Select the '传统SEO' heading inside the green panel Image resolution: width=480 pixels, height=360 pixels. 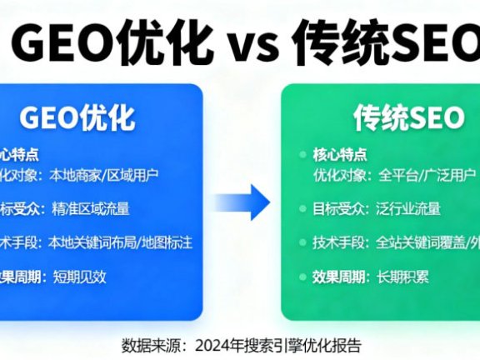[x=408, y=118]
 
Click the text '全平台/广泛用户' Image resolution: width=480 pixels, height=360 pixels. [x=427, y=175]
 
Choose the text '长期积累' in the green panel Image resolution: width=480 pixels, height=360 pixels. [x=404, y=277]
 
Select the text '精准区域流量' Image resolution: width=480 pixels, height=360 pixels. [x=90, y=208]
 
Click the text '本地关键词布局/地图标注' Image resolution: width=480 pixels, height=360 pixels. [x=121, y=242]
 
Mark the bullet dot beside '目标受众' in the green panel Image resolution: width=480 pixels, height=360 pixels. [x=303, y=209]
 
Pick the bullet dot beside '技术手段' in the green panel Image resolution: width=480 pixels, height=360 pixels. [x=303, y=243]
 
